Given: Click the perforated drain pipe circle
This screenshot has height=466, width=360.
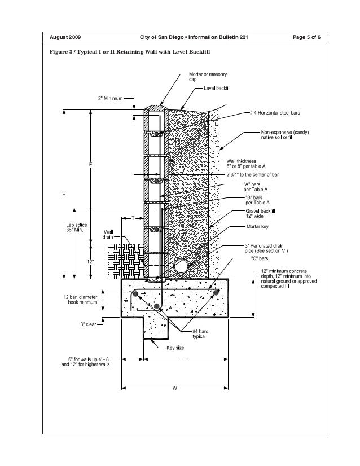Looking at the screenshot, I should pos(182,265).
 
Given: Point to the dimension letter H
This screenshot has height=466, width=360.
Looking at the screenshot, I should pos(64,194).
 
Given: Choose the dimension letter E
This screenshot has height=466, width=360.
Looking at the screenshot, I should pos(90,164).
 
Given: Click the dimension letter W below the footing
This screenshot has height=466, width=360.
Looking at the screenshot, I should pos(174,388).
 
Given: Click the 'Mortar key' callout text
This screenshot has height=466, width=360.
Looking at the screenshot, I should pos(258,227).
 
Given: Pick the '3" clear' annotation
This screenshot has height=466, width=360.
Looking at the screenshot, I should pos(90,324).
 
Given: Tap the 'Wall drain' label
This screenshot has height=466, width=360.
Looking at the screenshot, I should pos(108,234).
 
